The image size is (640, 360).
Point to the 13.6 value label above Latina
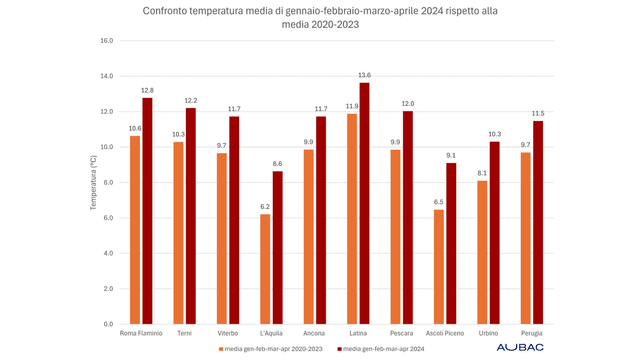click(364, 75)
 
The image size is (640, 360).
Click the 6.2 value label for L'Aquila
click(265, 207)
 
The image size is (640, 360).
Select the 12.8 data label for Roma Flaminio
click(147, 90)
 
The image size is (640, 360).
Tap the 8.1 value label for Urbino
click(481, 173)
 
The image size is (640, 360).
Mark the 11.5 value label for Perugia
click(537, 113)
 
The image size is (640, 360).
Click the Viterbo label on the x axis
click(228, 333)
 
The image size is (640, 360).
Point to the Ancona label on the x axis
click(315, 333)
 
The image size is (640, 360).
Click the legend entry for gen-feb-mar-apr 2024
click(385, 348)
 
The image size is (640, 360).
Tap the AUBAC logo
click(520, 347)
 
